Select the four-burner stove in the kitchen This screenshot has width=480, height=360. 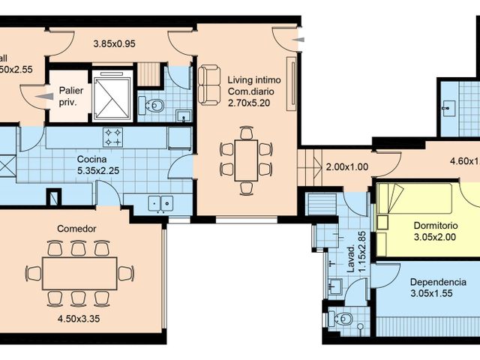[113, 136]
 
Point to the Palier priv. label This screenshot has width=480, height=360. [65, 95]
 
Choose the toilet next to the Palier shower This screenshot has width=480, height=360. [154, 104]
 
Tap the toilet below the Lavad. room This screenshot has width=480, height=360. [340, 316]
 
